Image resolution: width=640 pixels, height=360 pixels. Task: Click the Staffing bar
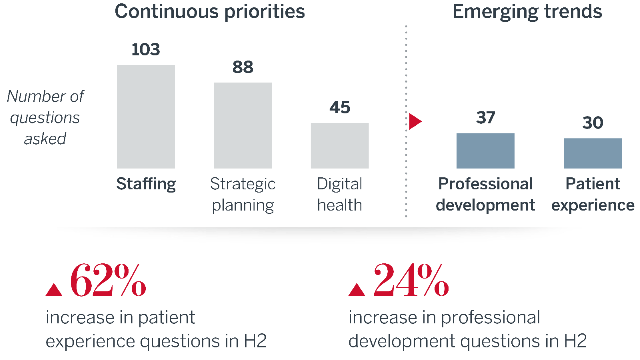[146, 117]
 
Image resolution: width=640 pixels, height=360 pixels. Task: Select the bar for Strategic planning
[243, 125]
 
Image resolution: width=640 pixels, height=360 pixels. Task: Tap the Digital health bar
[340, 146]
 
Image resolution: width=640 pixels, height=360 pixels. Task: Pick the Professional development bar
[485, 151]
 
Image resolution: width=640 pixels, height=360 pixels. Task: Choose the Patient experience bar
[593, 153]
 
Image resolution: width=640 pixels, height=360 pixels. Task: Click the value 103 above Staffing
[146, 50]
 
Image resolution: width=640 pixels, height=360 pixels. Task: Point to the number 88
[243, 67]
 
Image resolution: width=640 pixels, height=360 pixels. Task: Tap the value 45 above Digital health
[340, 108]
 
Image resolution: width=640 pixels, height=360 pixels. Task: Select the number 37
[485, 118]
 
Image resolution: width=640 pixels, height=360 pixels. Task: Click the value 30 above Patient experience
[593, 123]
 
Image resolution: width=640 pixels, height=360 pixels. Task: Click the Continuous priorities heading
[210, 12]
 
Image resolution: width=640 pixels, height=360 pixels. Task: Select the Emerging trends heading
[527, 12]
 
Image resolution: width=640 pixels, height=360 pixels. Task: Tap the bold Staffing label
[146, 184]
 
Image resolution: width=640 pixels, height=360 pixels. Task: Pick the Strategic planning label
[243, 195]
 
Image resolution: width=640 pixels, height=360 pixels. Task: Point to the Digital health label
[340, 195]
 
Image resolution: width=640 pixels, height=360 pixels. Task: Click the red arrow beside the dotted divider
[415, 121]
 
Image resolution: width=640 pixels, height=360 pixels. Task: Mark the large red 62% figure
[108, 280]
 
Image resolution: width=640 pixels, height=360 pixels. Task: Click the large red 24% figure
[411, 280]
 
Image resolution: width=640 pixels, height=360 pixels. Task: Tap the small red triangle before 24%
[356, 289]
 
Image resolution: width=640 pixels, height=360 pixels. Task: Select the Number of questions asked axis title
[45, 118]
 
